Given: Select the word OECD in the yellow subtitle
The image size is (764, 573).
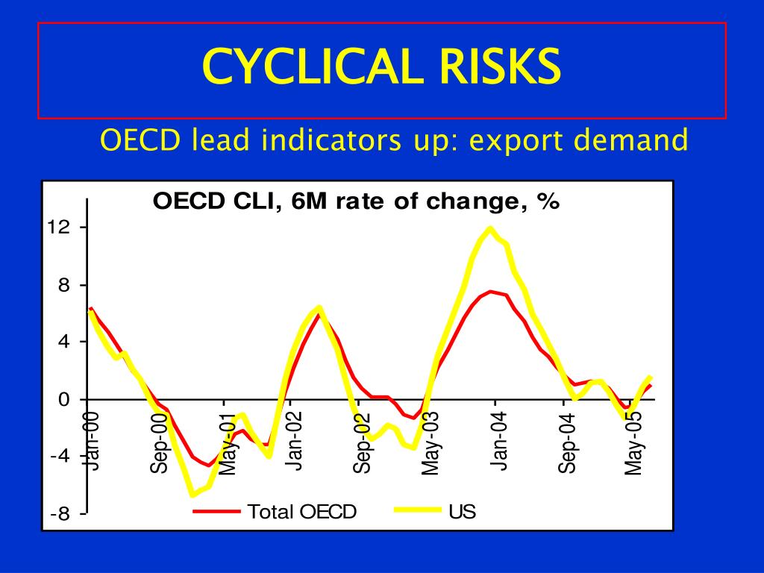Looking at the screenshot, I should tap(140, 140).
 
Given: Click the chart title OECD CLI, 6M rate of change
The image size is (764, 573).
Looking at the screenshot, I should tap(356, 202).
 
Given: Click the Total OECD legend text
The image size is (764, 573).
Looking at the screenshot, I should tap(302, 512).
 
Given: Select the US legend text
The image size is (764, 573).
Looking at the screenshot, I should tap(462, 512).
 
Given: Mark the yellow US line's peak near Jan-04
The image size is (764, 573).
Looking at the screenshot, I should tap(490, 228).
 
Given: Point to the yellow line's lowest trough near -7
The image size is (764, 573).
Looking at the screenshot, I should tap(192, 494).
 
